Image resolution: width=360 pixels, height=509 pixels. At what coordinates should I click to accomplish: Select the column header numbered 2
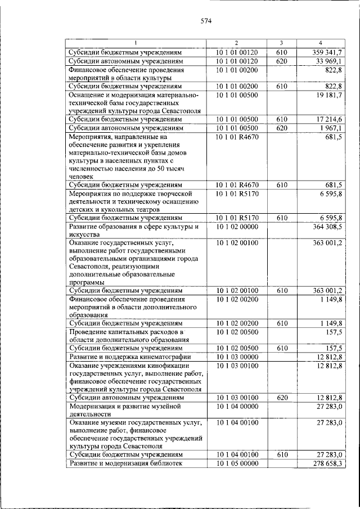pos(236,43)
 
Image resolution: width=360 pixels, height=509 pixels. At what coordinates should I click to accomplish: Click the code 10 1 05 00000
pos(236,463)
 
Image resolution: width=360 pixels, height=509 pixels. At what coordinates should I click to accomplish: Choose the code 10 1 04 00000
pos(236,406)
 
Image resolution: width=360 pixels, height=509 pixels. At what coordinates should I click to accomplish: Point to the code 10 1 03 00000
pos(236,357)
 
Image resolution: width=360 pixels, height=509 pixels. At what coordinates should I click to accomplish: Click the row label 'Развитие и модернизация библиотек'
pos(125,463)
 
